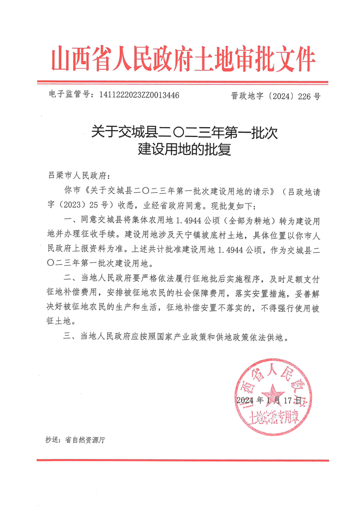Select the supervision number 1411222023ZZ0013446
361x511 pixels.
pos(139,95)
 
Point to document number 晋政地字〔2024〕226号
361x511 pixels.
pos(276,96)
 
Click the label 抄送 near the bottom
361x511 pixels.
pos(52,440)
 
